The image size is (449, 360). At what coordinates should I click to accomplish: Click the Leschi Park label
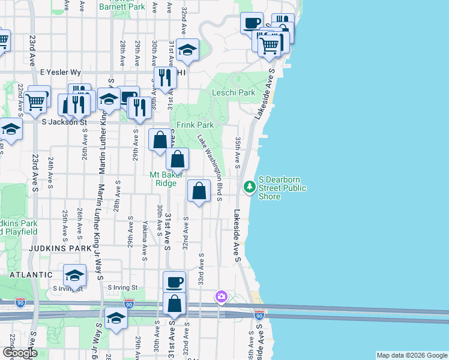[234, 93]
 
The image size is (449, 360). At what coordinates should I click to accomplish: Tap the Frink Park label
[194, 125]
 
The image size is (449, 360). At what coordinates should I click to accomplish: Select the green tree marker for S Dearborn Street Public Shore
[250, 187]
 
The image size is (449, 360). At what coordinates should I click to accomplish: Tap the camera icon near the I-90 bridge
[221, 296]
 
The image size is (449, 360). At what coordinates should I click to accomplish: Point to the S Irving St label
[123, 287]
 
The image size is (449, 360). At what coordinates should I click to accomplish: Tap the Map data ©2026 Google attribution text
[412, 355]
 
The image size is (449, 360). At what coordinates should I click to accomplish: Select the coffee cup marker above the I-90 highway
[174, 283]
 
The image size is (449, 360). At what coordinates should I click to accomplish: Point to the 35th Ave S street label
[238, 152]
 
